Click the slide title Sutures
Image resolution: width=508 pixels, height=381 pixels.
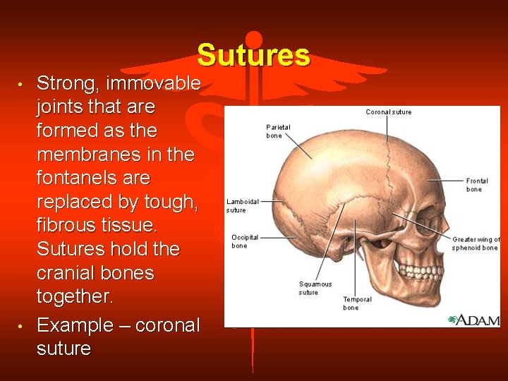click(253, 55)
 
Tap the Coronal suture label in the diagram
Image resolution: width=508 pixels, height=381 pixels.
click(388, 112)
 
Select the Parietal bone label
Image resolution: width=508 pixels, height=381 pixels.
click(278, 131)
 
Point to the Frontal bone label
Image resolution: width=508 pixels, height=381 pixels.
click(477, 186)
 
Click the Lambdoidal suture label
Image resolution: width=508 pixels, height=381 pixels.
click(242, 206)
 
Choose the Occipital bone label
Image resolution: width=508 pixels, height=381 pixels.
click(245, 241)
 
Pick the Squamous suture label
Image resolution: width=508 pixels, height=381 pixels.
click(315, 288)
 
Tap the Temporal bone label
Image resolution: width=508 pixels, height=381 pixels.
click(357, 303)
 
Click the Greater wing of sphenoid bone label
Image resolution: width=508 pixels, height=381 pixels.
click(476, 243)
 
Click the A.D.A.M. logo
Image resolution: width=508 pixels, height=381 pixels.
click(473, 320)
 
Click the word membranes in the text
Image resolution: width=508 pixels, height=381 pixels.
click(88, 155)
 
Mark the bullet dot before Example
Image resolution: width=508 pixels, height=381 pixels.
click(22, 326)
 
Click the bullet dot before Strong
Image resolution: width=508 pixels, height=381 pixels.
click(22, 84)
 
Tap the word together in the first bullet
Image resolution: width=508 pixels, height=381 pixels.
click(74, 296)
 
